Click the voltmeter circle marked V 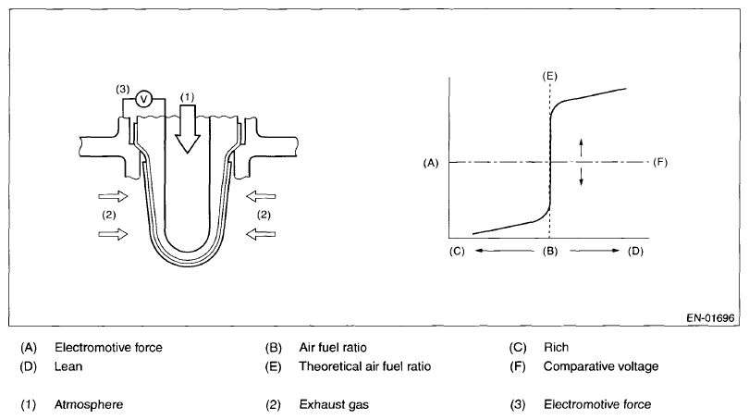[143, 98]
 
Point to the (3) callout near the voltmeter [121, 89]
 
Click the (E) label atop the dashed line [550, 73]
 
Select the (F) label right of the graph [659, 162]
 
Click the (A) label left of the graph [429, 162]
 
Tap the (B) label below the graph [550, 250]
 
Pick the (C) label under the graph [456, 250]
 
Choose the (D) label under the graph [634, 250]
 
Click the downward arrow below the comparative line [582, 177]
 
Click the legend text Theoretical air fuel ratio [365, 366]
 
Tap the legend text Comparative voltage [601, 366]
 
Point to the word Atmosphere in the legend [88, 404]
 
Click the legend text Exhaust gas [331, 404]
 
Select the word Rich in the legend [556, 348]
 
